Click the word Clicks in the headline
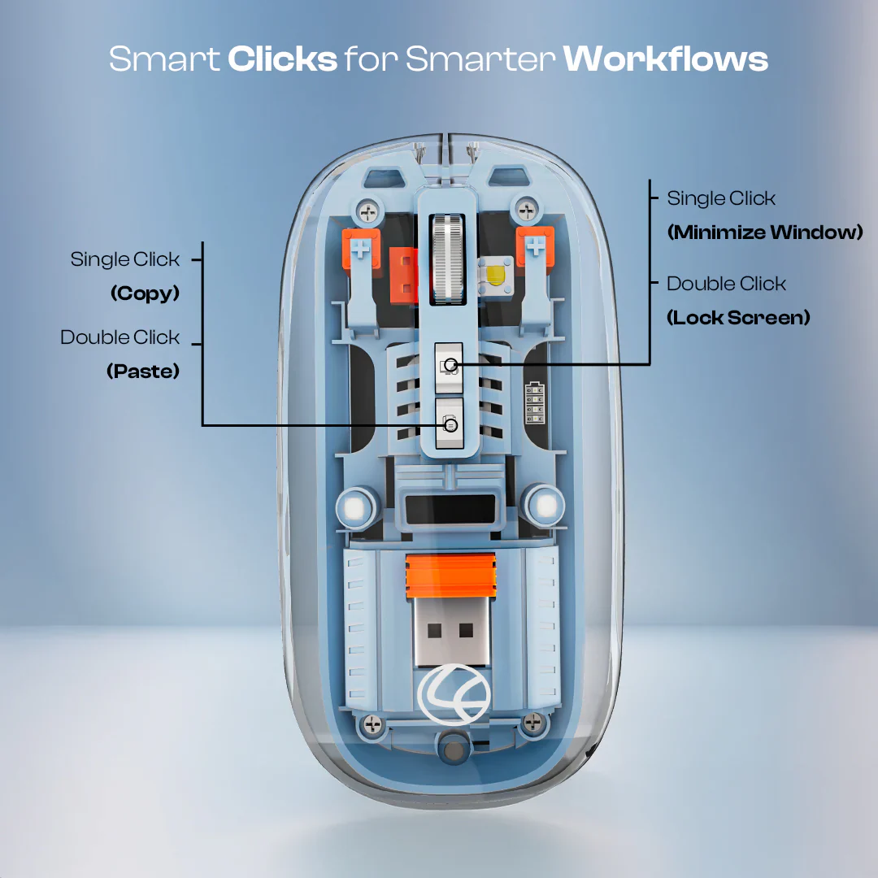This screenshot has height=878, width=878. point(282,59)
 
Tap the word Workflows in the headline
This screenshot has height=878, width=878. point(665,59)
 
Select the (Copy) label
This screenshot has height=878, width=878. point(145,293)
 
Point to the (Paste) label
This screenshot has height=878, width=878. point(143,371)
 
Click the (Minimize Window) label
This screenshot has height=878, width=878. point(765,232)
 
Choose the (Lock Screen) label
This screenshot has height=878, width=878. point(738,318)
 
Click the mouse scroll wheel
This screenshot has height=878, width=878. point(447,259)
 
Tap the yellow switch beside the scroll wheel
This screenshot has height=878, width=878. point(496,275)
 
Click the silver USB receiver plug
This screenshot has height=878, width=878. point(450,631)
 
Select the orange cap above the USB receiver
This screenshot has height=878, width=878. point(450,575)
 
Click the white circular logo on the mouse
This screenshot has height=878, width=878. point(454,695)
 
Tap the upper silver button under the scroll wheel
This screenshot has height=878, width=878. point(449,368)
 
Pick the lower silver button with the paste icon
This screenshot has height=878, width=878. point(450,424)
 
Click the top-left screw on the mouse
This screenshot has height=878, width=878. point(368,212)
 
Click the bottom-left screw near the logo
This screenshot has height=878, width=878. point(373,724)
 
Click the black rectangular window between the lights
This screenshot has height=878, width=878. point(450,510)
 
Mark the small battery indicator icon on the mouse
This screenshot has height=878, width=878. point(534,403)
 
